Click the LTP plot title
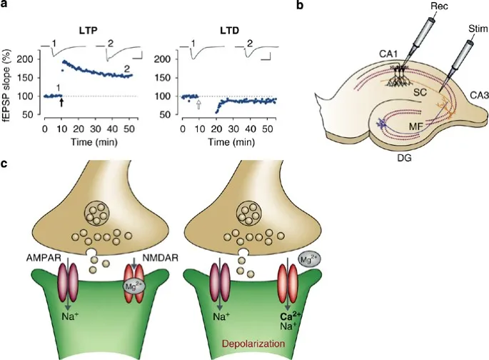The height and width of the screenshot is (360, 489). point(88,31)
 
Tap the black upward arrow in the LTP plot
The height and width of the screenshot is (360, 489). point(61,104)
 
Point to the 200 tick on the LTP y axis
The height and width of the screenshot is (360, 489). point(31,59)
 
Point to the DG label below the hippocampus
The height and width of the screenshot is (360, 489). point(404,158)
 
